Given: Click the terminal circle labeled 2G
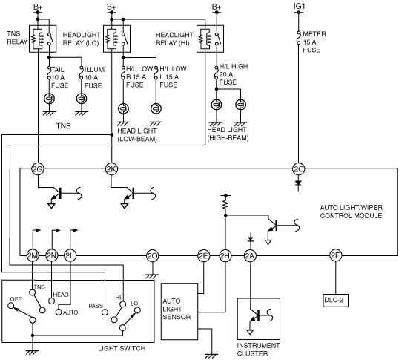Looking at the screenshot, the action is tap(38, 168).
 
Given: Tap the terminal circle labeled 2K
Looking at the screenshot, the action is tap(111, 168).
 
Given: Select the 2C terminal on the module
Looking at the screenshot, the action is tap(298, 168).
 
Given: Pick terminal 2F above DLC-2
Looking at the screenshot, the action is tap(335, 255).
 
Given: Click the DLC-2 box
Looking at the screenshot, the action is tap(335, 301).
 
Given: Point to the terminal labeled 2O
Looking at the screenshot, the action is tap(153, 255).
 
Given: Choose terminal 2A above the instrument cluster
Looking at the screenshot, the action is tap(250, 255).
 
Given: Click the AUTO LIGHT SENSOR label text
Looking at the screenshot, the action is tap(177, 309).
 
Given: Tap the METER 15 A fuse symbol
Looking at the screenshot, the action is tap(298, 37).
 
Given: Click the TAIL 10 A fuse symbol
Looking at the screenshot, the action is tap(50, 73).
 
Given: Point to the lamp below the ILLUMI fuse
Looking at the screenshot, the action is tap(82, 99).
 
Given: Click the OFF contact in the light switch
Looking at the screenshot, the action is tap(11, 305).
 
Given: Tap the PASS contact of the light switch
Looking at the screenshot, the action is tap(105, 312).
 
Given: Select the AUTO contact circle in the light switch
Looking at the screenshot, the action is tap(59, 312).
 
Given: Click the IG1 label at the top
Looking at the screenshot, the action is tap(299, 6).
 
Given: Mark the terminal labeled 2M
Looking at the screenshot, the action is tap(33, 255).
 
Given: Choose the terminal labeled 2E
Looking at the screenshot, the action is tap(203, 255).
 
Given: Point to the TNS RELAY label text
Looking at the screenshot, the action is tap(17, 38).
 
